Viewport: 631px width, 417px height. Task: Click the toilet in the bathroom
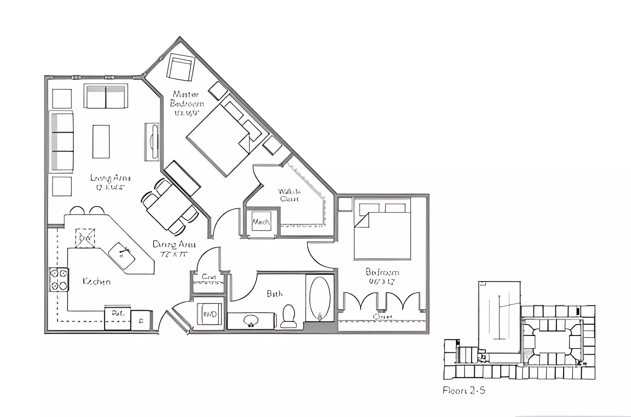(x=289, y=316)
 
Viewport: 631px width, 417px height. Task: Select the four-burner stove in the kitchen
(x=59, y=280)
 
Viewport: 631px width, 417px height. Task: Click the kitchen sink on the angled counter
(x=122, y=255)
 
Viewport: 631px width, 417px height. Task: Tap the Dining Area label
(x=174, y=248)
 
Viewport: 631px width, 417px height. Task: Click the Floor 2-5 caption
(x=464, y=390)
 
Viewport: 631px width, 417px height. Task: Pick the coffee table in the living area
(x=101, y=141)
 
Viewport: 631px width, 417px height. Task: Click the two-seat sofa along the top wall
(x=106, y=96)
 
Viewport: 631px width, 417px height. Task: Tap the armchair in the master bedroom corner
(x=180, y=67)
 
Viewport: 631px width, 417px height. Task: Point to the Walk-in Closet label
(x=289, y=195)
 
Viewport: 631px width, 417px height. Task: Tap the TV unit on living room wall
(x=152, y=142)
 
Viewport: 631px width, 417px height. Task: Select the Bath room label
(x=274, y=294)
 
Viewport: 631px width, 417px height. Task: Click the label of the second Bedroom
(x=382, y=276)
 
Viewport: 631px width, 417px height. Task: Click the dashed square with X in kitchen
(x=85, y=239)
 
